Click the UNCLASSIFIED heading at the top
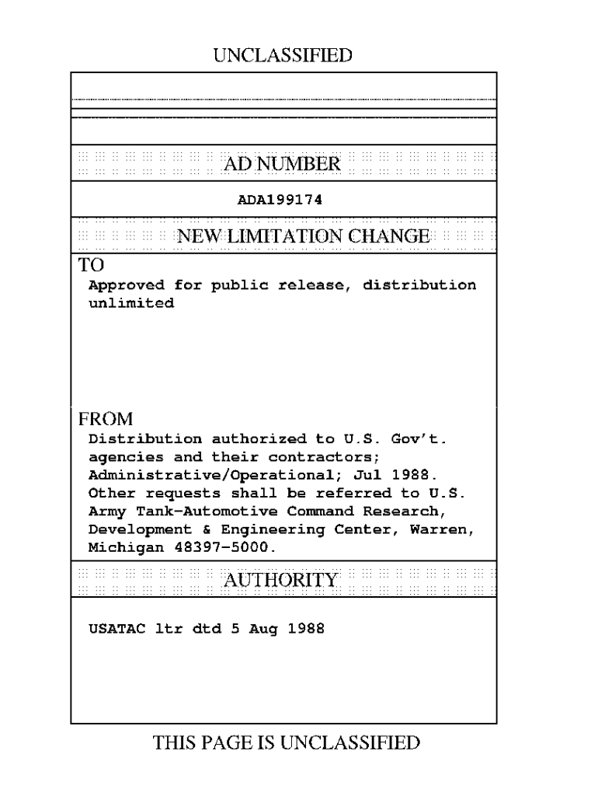[x=282, y=55]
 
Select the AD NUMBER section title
[x=282, y=163]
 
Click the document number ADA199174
[x=280, y=200]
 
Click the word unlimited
[x=131, y=303]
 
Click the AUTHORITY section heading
[x=281, y=580]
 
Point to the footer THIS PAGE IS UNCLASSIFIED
[x=287, y=743]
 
